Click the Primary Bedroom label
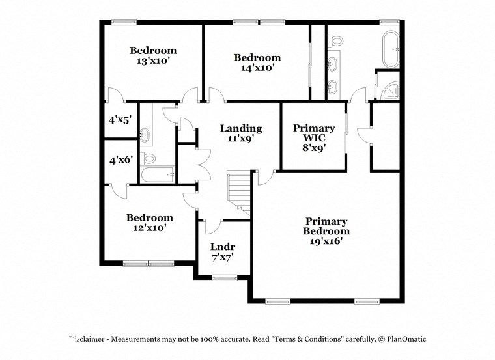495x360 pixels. coord(326,226)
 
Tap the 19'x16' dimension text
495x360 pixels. coord(326,241)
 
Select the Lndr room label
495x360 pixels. coord(223,247)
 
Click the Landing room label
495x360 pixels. coord(240,128)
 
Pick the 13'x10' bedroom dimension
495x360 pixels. coord(153,61)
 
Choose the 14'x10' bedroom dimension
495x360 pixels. coord(257,68)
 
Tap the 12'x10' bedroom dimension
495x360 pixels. coord(150,228)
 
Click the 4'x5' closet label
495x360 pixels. coord(119,120)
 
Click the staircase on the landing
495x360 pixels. coord(238,192)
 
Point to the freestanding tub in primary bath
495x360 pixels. coord(392,49)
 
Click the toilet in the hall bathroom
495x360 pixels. coord(149,158)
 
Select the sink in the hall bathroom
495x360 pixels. coord(145,135)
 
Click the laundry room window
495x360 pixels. coord(224,278)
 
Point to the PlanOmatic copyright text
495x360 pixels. coord(402,339)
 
